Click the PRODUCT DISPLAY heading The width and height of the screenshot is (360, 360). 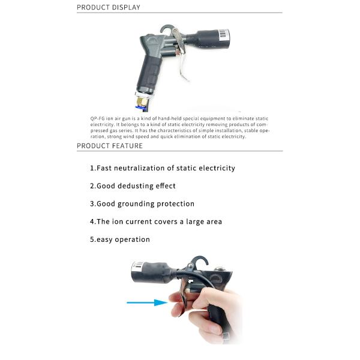tap(108, 7)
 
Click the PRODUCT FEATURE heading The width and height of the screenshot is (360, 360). tap(110, 146)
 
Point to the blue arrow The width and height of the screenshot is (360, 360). tap(147, 303)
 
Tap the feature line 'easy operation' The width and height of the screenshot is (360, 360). tap(120, 239)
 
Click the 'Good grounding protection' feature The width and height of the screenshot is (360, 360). tap(142, 204)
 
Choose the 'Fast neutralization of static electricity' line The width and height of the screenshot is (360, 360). tap(163, 168)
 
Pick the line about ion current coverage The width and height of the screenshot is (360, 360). tap(156, 221)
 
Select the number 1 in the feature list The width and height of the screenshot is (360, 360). tap(92, 168)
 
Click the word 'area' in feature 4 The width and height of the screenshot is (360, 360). tap(212, 221)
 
